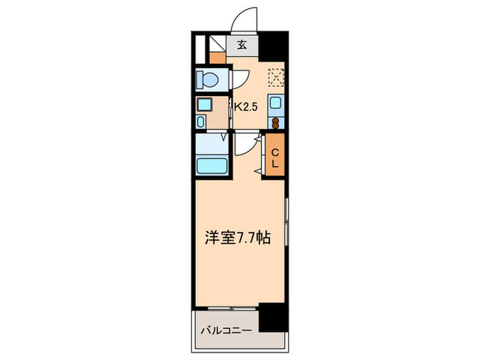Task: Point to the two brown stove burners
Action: click(x=275, y=123)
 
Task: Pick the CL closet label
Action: click(x=275, y=158)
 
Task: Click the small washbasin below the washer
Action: click(x=200, y=121)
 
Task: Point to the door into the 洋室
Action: click(x=245, y=143)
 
